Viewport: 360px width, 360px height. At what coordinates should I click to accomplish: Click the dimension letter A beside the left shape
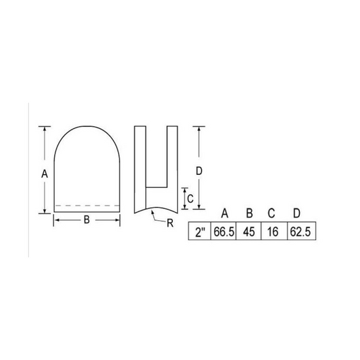point(45,173)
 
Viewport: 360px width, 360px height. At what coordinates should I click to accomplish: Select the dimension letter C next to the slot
point(191,199)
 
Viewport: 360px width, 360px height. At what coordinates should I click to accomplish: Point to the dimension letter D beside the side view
point(200,171)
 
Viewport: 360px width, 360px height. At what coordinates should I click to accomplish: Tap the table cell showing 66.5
point(223,232)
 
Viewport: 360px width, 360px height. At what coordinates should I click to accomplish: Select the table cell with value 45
point(249,232)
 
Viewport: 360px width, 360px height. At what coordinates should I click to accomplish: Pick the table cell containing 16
point(272,232)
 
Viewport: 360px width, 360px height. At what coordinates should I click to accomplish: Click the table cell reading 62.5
point(297,232)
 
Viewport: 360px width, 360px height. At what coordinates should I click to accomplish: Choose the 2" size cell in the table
point(199,232)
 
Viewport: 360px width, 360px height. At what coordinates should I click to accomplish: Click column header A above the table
point(224,214)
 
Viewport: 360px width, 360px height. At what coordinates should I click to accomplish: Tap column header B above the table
point(249,214)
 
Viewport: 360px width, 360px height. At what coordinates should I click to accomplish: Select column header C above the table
point(272,214)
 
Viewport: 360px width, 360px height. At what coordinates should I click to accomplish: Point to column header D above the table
point(297,214)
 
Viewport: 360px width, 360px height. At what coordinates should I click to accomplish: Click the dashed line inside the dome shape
point(86,205)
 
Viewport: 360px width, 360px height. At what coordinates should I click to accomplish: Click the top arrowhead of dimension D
point(200,128)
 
